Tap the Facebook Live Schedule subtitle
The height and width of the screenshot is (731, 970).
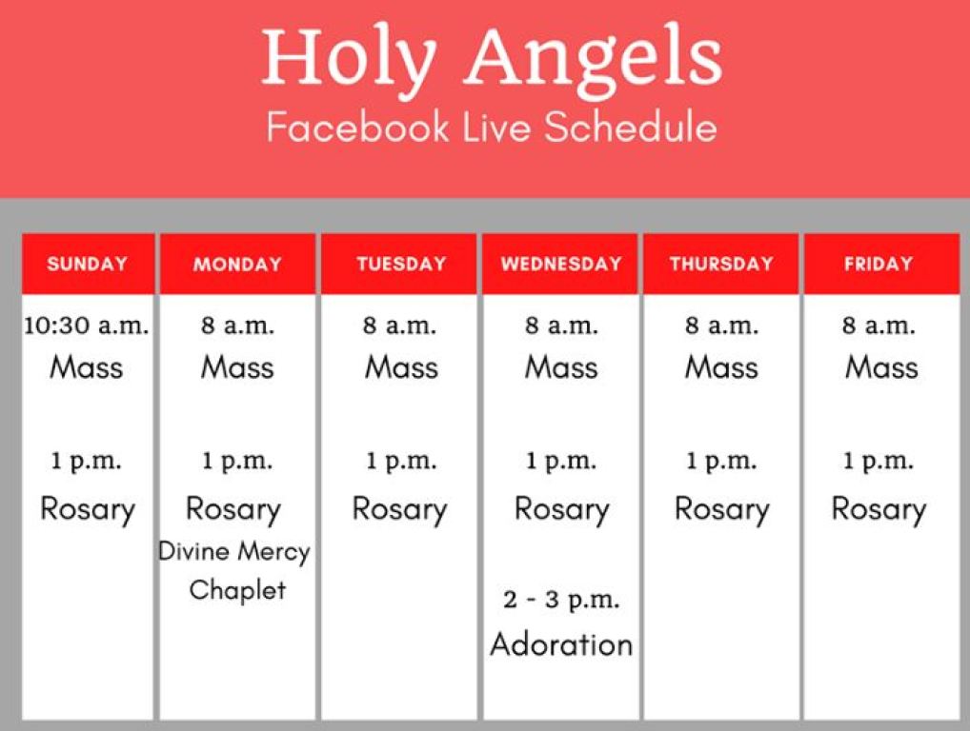pyautogui.click(x=492, y=128)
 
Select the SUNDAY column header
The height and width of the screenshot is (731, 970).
pyautogui.click(x=87, y=264)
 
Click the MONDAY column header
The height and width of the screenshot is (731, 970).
pyautogui.click(x=237, y=265)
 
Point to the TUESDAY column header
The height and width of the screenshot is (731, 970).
pyautogui.click(x=399, y=264)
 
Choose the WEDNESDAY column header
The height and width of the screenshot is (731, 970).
pyautogui.click(x=560, y=264)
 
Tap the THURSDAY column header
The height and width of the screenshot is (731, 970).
pyautogui.click(x=720, y=264)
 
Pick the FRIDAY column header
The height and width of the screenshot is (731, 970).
pyautogui.click(x=878, y=264)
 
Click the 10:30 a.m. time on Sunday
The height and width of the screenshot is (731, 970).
pyautogui.click(x=87, y=326)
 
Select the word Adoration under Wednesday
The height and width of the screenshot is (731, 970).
pyautogui.click(x=561, y=644)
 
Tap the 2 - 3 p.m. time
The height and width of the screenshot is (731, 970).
pyautogui.click(x=561, y=601)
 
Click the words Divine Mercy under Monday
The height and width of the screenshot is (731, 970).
pyautogui.click(x=234, y=551)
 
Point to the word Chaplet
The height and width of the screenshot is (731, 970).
pyautogui.click(x=237, y=590)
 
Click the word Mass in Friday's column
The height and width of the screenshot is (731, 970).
pyautogui.click(x=881, y=367)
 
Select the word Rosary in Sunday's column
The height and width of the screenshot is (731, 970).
pyautogui.click(x=87, y=509)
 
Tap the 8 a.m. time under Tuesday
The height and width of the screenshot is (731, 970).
pyautogui.click(x=399, y=326)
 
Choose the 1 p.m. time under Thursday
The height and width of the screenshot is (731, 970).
pyautogui.click(x=720, y=462)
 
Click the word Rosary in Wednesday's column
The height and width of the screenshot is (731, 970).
pyautogui.click(x=561, y=509)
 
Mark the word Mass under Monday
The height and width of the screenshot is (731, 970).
pyautogui.click(x=237, y=367)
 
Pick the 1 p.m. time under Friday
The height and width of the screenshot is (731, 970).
pyautogui.click(x=878, y=462)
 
